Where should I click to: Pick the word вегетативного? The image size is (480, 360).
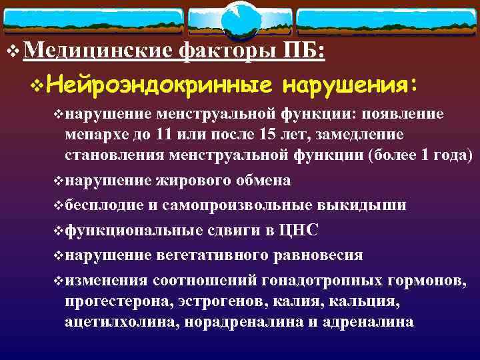click(204, 255)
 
